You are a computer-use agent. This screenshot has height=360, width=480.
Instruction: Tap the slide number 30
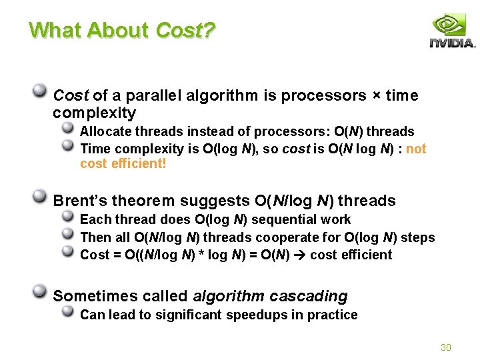(446, 347)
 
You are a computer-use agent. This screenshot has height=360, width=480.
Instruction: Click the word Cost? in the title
(185, 30)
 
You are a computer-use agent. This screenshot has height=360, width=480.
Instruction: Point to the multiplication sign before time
(377, 95)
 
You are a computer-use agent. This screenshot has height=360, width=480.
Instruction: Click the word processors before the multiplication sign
(323, 96)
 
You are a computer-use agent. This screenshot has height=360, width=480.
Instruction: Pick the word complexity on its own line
(94, 113)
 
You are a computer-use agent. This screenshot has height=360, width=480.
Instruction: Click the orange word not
(416, 149)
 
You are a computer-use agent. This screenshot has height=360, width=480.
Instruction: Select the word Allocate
(105, 131)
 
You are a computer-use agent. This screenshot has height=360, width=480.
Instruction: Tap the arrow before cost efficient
(300, 255)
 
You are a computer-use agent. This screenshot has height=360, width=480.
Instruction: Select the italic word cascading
(308, 296)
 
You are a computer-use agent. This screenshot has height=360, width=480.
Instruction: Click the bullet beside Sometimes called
(40, 291)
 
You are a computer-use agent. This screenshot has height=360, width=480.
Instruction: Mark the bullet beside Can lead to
(67, 311)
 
